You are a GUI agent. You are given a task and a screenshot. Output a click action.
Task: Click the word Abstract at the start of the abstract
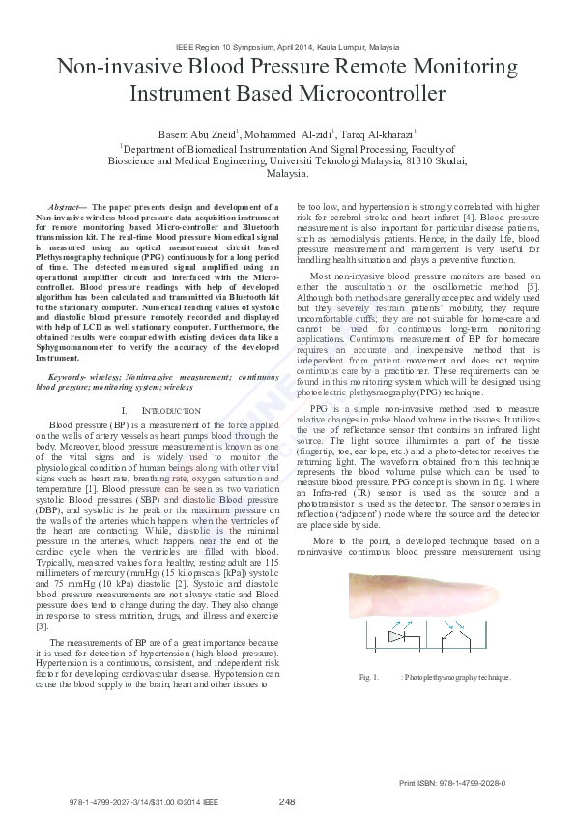pyautogui.click(x=65, y=207)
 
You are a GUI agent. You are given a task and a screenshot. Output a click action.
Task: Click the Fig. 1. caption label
pyautogui.click(x=367, y=677)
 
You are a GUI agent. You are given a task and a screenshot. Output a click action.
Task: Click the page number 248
pyautogui.click(x=287, y=801)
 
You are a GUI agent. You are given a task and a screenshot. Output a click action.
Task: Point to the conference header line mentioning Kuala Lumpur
pyautogui.click(x=287, y=46)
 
